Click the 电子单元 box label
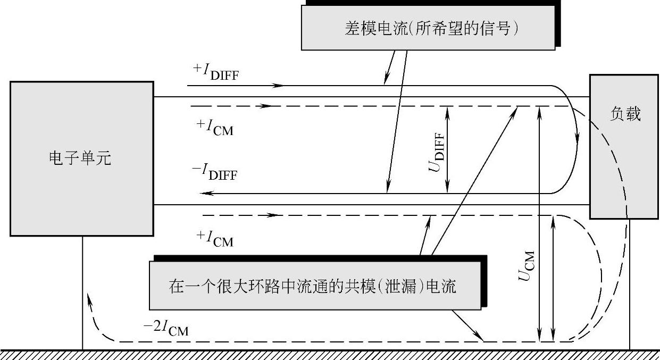coord(80,158)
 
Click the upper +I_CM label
coord(214,127)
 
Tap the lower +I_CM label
coord(214,239)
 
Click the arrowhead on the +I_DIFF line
coord(277,85)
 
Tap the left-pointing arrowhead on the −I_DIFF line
coord(208,194)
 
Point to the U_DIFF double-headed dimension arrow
coord(448,149)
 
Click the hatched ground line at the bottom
coord(330,354)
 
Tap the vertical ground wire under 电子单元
coord(82,292)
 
